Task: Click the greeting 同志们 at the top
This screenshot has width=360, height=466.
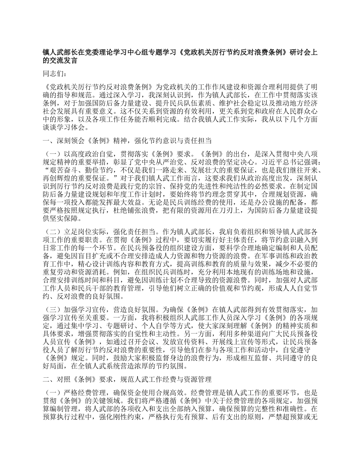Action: click(55, 74)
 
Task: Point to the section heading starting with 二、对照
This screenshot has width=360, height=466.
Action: click(127, 379)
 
